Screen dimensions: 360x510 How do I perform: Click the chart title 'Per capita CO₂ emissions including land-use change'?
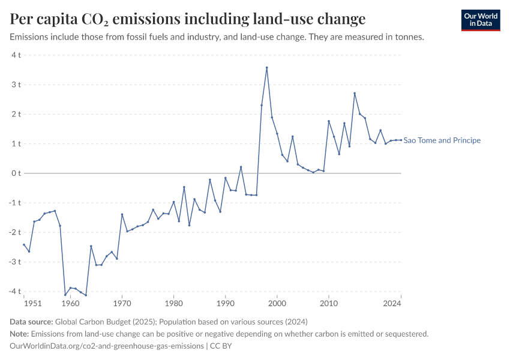pos(188,19)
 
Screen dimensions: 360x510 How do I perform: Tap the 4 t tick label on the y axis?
pos(16,55)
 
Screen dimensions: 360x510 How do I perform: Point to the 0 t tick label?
pos(16,173)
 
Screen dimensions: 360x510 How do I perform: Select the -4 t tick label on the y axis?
pos(15,292)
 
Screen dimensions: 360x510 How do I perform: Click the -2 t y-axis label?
pos(15,232)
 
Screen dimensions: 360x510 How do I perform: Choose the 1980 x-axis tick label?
pos(173,304)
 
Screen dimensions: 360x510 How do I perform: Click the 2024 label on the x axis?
pos(392,304)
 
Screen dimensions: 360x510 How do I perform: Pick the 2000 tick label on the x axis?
pos(277,304)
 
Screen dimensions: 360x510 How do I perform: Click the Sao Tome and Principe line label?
pos(442,140)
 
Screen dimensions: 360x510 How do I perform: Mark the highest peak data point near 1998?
pos(266,67)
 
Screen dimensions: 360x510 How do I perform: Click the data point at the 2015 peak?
pos(355,93)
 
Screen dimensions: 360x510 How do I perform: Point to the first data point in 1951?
pos(24,244)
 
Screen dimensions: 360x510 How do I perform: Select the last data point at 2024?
pos(401,140)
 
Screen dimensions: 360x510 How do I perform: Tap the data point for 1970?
pos(122,214)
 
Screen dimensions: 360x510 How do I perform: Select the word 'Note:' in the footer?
pos(19,334)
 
